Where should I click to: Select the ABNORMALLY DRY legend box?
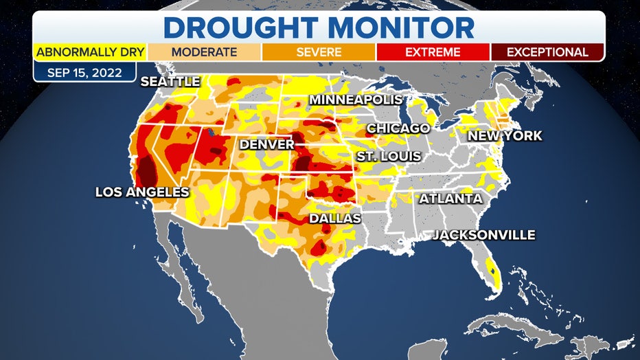coord(89,52)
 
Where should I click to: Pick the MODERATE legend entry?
coord(204,52)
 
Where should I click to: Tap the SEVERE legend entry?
coord(319,52)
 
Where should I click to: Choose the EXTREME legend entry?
coord(433,52)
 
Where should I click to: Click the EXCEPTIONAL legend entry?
coord(547,52)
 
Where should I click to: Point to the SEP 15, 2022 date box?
coord(85,71)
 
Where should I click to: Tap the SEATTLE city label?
coord(170,82)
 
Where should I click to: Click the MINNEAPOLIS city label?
coord(356,100)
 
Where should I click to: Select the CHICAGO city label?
coord(398,128)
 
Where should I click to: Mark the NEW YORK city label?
coord(505,136)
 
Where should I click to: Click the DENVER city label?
coord(266,145)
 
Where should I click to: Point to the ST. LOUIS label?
coord(388,157)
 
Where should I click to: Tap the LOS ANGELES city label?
coord(142,192)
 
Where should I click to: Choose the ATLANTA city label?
coord(450,199)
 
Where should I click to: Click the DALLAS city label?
coord(335,218)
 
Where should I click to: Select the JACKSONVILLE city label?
coord(483,235)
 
